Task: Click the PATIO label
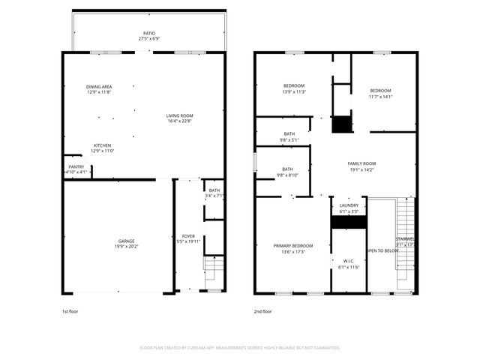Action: (150, 33)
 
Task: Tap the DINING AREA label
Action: (99, 87)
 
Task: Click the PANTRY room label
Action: (76, 166)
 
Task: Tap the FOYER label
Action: (188, 236)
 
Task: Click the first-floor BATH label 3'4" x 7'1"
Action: (214, 190)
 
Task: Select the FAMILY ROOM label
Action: (361, 163)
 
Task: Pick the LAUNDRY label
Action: (349, 205)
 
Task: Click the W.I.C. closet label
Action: (349, 262)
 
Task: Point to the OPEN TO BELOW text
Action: (382, 250)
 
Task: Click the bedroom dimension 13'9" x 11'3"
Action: (293, 92)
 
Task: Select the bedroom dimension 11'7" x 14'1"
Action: (380, 96)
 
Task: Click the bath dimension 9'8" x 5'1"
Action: (289, 139)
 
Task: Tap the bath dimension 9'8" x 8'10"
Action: (289, 175)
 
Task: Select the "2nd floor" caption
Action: (262, 310)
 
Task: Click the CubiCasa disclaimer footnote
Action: (240, 347)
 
